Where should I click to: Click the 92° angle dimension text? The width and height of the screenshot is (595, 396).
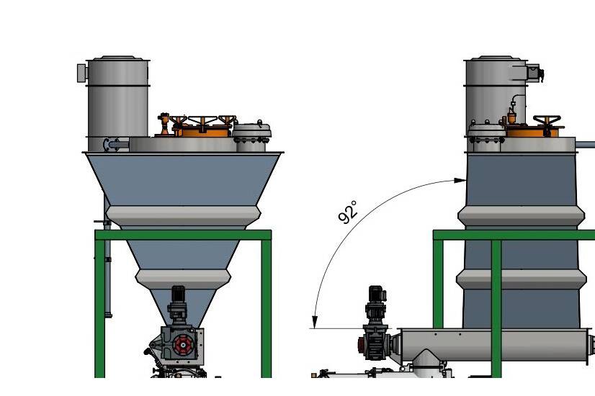[x=348, y=212]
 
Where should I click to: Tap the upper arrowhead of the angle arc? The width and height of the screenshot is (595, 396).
[x=460, y=181]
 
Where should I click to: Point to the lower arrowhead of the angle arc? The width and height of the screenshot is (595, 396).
[x=315, y=322]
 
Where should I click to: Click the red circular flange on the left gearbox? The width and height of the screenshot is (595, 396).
[x=182, y=345]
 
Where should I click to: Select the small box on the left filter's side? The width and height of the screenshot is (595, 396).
[x=81, y=73]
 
